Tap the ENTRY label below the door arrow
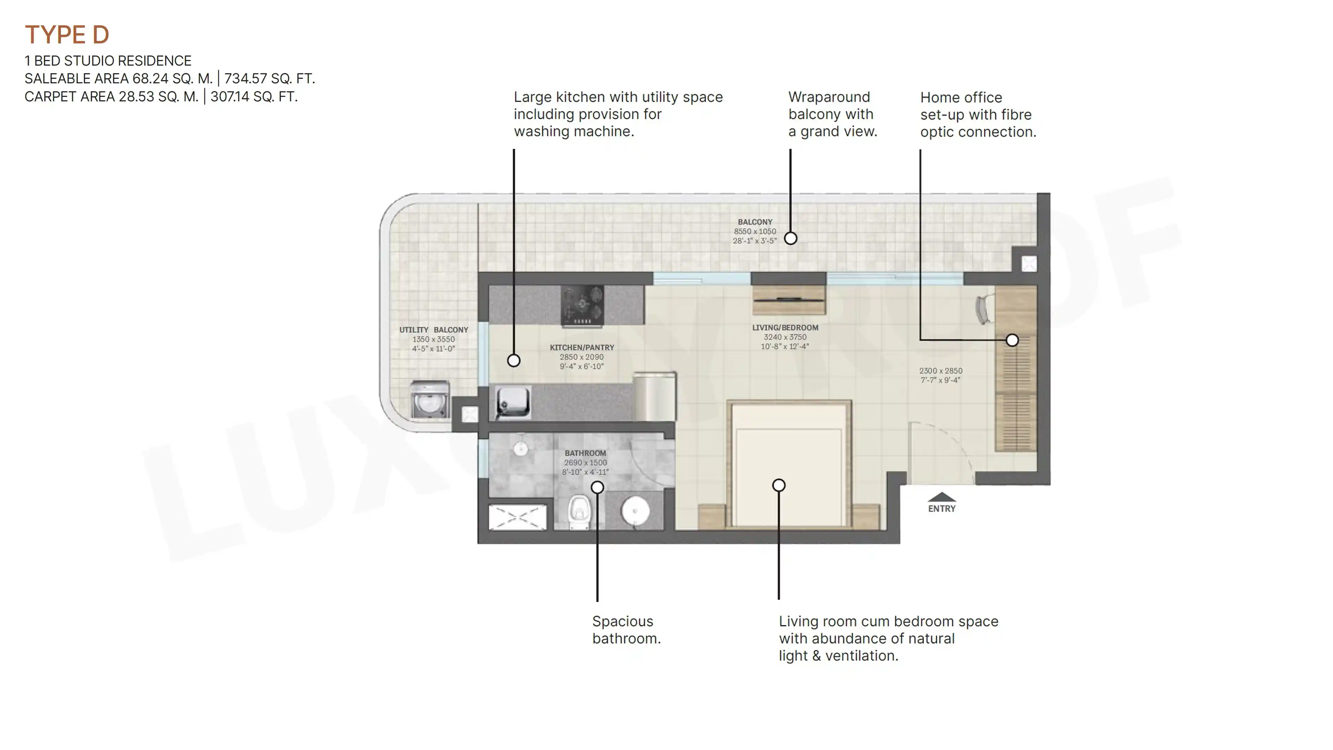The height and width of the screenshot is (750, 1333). click(x=942, y=509)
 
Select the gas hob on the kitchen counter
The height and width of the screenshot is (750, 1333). click(x=582, y=306)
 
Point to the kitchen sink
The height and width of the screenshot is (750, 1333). click(x=513, y=402)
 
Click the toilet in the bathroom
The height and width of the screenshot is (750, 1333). click(x=579, y=512)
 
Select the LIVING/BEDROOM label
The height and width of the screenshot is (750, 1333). click(x=785, y=328)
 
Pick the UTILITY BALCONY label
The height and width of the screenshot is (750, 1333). click(x=434, y=330)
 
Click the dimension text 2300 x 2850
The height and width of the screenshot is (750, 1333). click(x=941, y=370)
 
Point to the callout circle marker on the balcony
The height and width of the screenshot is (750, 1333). click(x=790, y=238)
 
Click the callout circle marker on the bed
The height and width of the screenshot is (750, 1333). click(x=779, y=485)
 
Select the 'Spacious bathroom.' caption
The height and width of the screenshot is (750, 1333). click(x=626, y=630)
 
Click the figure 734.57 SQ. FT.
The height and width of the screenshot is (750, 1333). click(x=269, y=79)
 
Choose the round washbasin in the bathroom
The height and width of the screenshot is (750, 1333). click(x=636, y=511)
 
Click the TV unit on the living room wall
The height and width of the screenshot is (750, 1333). click(x=789, y=300)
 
